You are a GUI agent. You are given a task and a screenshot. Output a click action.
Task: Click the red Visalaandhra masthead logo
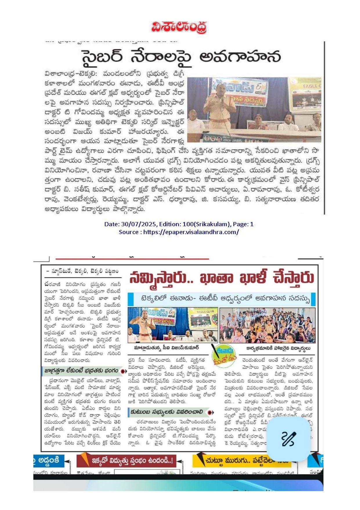179,27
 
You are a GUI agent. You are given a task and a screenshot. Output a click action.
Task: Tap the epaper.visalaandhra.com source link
191,232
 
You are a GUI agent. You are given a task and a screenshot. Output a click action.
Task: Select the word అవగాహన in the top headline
240,57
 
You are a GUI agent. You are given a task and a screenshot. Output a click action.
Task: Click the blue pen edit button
288,439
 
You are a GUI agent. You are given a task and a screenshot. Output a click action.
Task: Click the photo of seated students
267,325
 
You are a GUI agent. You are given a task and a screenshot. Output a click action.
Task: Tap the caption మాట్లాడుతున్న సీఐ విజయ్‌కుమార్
166,348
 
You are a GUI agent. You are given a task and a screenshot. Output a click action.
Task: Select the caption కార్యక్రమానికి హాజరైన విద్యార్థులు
278,348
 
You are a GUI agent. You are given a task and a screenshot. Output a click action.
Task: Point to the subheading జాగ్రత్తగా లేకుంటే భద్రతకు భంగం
82,371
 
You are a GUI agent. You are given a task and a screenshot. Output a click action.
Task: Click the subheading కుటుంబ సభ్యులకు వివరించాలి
167,412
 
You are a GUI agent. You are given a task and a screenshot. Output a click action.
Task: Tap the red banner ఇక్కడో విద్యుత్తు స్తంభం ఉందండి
132,460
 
